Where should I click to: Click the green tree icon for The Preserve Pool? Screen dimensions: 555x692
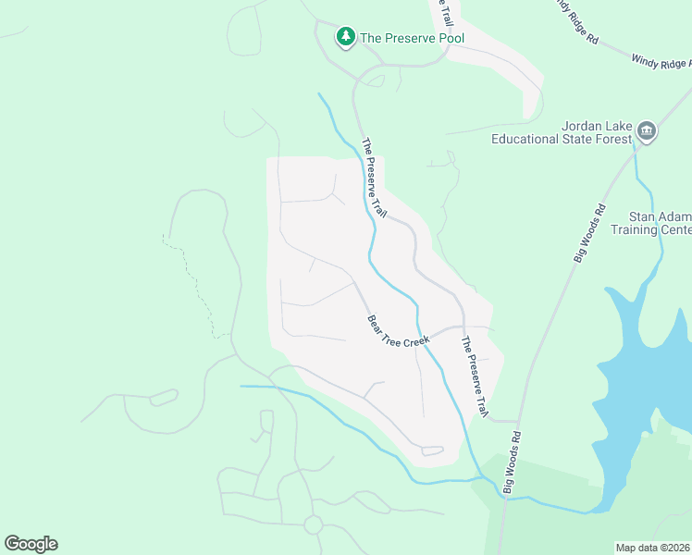point(346,37)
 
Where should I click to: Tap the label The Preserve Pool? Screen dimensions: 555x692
point(412,38)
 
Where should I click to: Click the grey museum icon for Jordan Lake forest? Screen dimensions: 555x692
point(647,130)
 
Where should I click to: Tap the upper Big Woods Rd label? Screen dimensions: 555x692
point(588,233)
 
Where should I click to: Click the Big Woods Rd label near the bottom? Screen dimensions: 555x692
point(512,461)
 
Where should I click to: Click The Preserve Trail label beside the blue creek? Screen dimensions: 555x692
point(373,178)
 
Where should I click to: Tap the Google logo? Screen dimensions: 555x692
point(31,543)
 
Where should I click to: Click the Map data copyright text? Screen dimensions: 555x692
point(652,547)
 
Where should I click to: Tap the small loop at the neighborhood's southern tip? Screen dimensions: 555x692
point(432,450)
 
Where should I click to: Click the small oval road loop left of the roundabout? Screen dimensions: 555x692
point(163,398)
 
